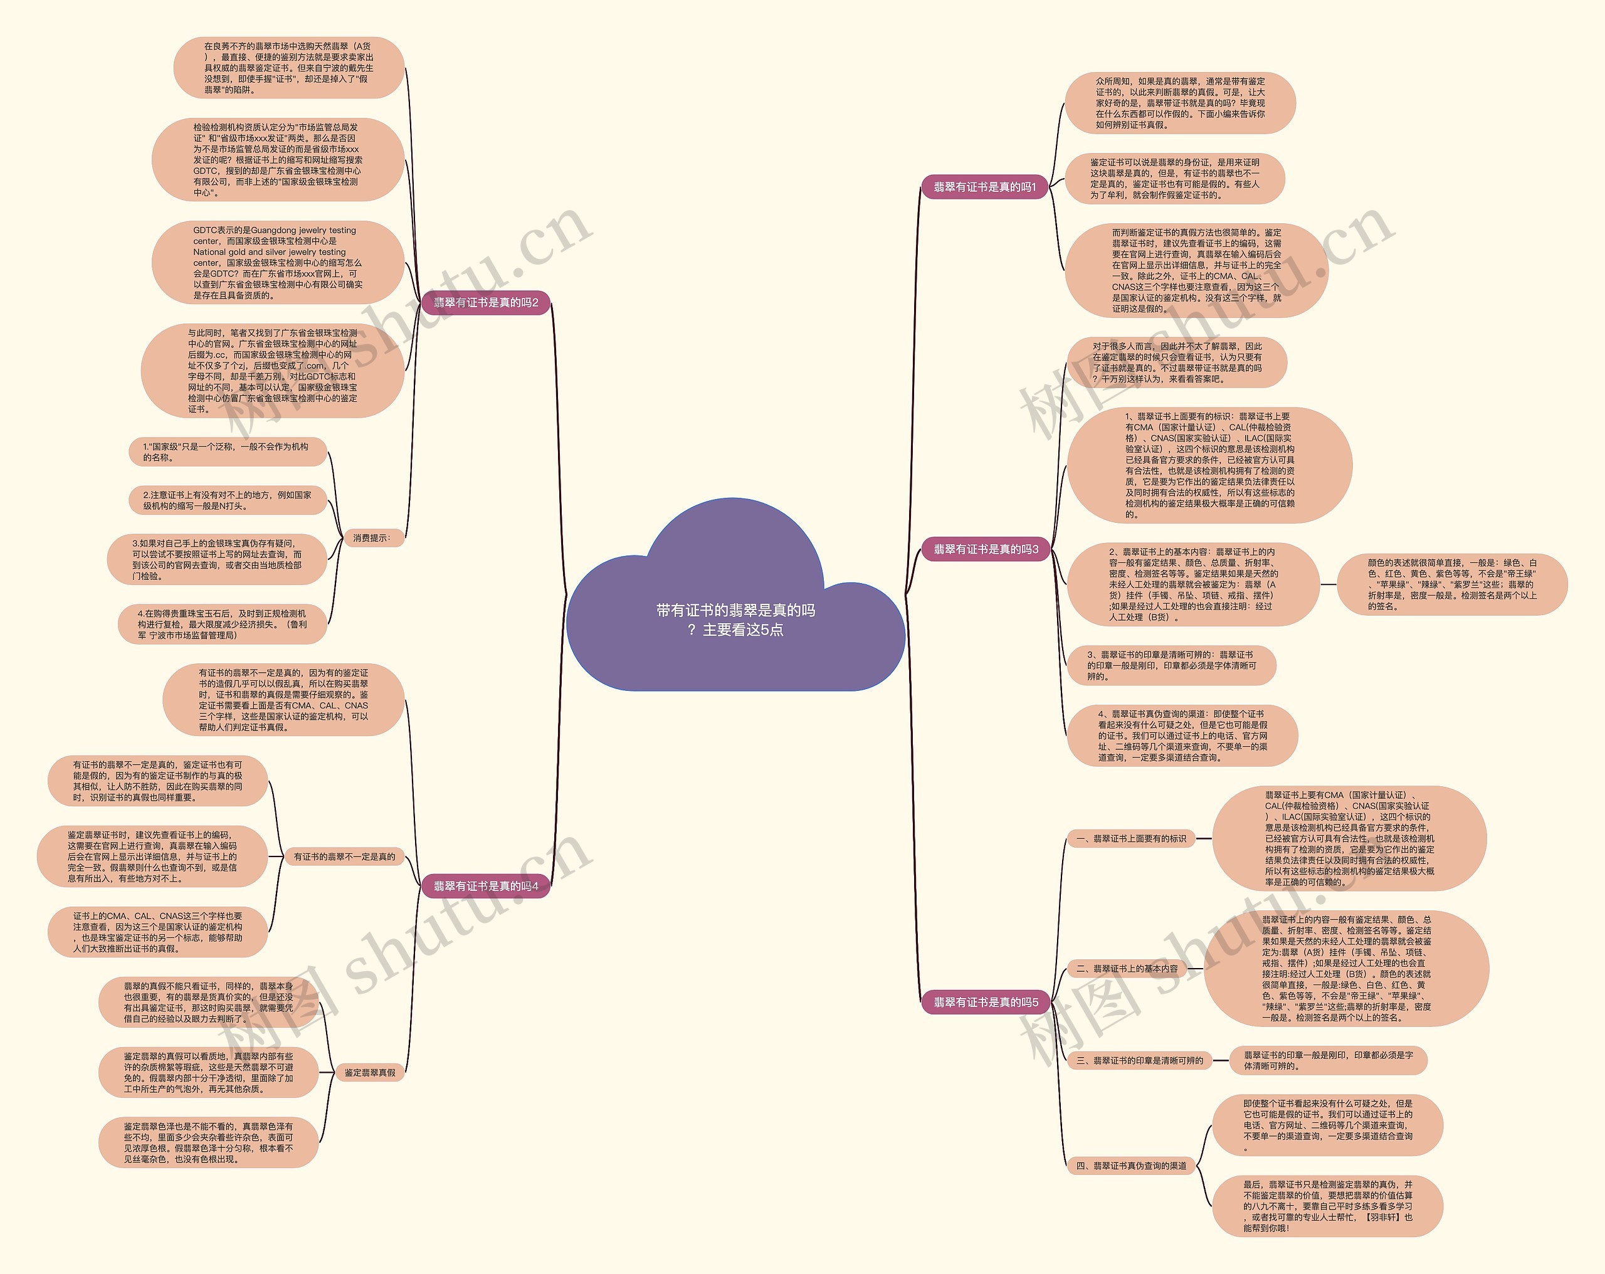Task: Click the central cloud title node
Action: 735,619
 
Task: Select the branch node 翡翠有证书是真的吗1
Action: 984,187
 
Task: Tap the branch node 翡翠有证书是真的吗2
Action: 485,302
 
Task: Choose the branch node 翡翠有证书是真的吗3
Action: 986,549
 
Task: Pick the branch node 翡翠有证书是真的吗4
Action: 485,886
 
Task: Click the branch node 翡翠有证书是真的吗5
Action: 986,1003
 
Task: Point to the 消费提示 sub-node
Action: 372,537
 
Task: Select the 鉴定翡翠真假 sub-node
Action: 370,1072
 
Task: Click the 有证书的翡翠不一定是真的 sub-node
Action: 344,857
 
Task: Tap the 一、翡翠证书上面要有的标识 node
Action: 1131,838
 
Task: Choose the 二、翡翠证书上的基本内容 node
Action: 1127,969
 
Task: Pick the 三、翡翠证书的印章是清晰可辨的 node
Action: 1139,1060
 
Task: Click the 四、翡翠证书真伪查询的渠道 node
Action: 1131,1166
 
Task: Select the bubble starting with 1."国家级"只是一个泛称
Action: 227,452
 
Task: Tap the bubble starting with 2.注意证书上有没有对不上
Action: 227,500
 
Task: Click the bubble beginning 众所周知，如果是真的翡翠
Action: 1180,103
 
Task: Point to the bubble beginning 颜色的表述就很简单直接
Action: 1451,584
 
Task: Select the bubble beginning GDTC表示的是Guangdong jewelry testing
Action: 277,263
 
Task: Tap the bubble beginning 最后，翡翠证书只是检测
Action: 1327,1206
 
